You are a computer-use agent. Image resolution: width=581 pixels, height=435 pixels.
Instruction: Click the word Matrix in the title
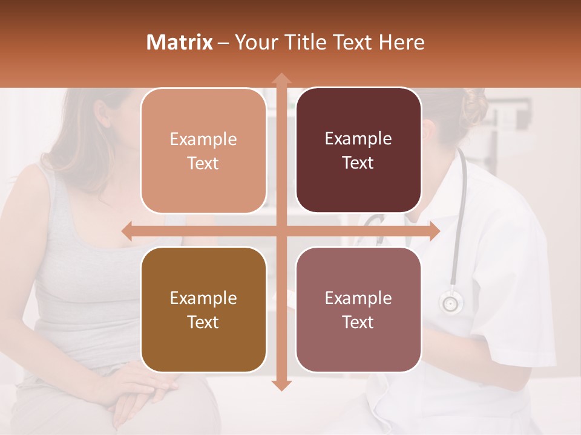[180, 42]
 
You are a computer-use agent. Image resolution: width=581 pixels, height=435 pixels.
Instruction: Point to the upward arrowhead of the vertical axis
[281, 79]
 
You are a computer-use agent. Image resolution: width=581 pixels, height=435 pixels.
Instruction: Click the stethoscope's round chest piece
[450, 302]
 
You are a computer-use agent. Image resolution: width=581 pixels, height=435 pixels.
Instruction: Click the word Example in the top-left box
[203, 140]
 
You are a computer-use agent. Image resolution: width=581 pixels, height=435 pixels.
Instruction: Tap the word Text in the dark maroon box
[358, 163]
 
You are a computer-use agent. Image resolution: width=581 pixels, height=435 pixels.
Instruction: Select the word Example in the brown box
[203, 298]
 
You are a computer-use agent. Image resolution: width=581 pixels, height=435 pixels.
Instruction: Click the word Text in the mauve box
[358, 323]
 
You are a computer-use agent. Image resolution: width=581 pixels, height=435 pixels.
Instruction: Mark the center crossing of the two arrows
[281, 231]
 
